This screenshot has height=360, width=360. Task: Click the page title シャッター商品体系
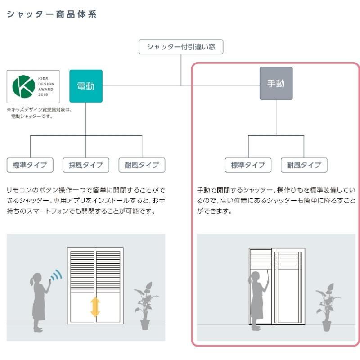52,14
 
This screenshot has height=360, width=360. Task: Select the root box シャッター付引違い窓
181,47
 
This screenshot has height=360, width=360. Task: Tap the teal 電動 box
86,86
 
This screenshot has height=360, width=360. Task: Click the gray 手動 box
276,84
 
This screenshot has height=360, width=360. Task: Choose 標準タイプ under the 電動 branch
30,165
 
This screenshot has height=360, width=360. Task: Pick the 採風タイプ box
86,165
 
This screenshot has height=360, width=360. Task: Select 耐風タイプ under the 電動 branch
142,165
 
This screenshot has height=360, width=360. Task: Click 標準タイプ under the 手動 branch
248,165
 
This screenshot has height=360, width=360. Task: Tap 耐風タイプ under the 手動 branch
304,165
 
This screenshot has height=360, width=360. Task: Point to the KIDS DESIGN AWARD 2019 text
45,87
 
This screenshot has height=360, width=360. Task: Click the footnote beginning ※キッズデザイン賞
39,113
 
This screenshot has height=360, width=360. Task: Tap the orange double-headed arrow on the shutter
95,306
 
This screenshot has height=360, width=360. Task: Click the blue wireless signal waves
56,275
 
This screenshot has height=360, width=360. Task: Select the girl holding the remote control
38,301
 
